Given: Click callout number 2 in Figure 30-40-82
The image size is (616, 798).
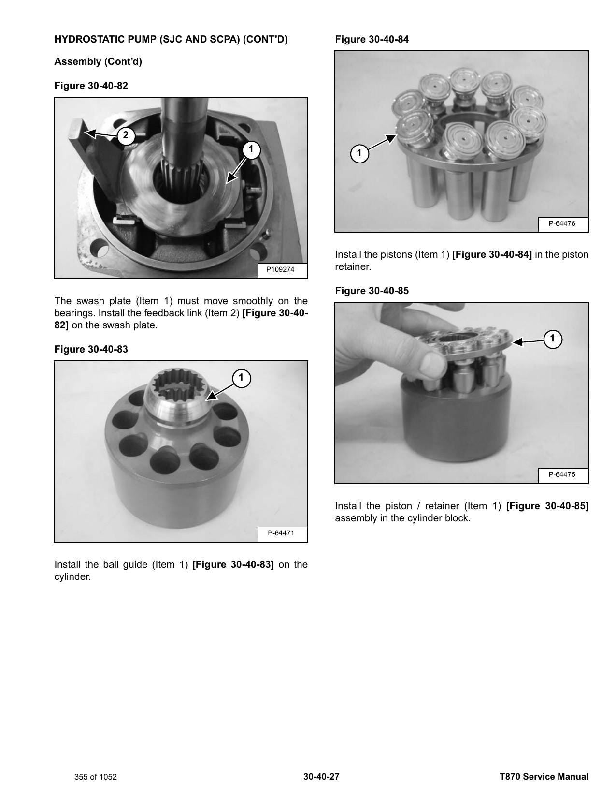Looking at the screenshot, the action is [x=126, y=135].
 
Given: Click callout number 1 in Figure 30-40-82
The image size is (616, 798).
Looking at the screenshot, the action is [x=251, y=149].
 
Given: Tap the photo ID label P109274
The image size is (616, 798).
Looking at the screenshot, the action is [x=280, y=269].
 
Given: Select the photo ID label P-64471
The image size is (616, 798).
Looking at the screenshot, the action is [x=281, y=533].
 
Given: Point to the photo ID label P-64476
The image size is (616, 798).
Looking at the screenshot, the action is [x=562, y=223].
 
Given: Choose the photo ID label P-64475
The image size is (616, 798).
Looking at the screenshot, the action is [x=562, y=474].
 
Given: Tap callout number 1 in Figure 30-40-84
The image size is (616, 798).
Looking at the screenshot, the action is [x=359, y=153].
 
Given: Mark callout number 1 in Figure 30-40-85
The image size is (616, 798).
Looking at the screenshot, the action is [x=553, y=339].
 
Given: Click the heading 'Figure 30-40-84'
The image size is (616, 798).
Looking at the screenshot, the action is [x=372, y=39].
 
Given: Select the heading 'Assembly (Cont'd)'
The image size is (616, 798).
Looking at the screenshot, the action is [x=98, y=61].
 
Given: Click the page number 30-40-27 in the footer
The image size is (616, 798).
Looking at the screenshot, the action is [x=321, y=776].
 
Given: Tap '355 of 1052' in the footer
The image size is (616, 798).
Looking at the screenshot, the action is [x=95, y=777].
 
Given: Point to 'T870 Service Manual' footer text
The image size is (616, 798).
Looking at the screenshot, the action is [x=544, y=776].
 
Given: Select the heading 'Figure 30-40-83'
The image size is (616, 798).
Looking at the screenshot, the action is [x=91, y=349].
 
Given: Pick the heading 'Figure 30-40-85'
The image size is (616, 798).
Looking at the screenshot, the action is [x=372, y=291].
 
